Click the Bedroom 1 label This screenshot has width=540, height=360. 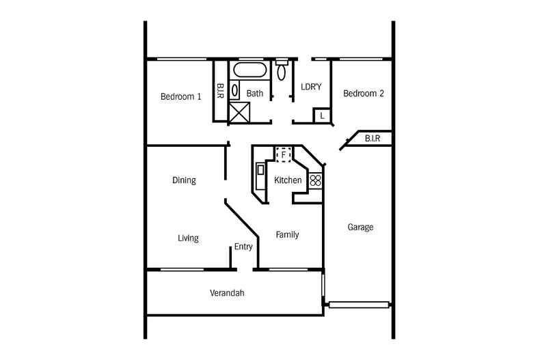pyautogui.click(x=180, y=96)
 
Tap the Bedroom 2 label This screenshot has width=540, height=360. pyautogui.click(x=363, y=94)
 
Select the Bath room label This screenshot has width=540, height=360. pyautogui.click(x=255, y=94)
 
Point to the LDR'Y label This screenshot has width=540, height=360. pyautogui.click(x=312, y=86)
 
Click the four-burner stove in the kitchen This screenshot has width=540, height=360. pyautogui.click(x=315, y=180)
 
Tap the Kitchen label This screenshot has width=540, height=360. pyautogui.click(x=288, y=180)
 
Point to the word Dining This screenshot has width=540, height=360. pyautogui.click(x=184, y=181)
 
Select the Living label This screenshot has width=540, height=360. pyautogui.click(x=188, y=238)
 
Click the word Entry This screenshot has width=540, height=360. pyautogui.click(x=243, y=247)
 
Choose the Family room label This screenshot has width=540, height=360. pyautogui.click(x=287, y=234)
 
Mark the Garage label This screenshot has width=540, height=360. pyautogui.click(x=360, y=227)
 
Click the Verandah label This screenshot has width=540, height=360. pyautogui.click(x=227, y=293)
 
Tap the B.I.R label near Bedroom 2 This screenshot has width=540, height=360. pyautogui.click(x=373, y=139)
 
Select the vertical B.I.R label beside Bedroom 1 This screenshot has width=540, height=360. pyautogui.click(x=221, y=91)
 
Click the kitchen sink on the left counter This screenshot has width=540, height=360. pyautogui.click(x=260, y=176)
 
